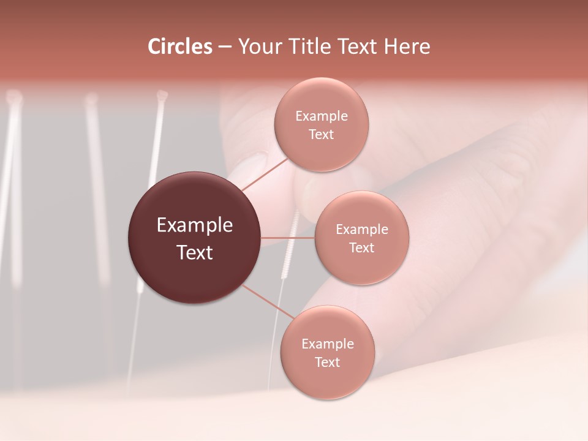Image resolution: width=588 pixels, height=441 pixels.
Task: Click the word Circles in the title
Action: click(180, 47)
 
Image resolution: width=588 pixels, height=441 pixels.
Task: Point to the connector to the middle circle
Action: click(287, 237)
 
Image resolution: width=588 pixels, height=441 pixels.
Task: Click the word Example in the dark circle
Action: click(195, 225)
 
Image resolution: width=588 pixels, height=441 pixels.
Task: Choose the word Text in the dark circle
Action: click(195, 252)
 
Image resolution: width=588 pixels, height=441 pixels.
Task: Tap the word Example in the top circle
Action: click(321, 116)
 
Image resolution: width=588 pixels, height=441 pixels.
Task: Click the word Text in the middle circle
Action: click(361, 247)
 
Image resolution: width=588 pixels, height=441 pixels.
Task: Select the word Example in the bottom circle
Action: click(327, 344)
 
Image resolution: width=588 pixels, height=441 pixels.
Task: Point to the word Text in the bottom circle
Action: click(327, 362)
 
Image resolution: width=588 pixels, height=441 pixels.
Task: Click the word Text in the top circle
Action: click(321, 134)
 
